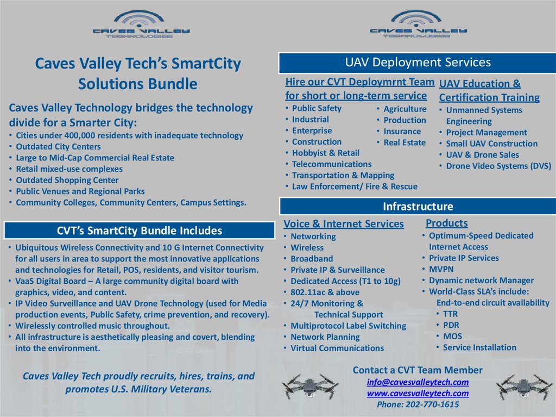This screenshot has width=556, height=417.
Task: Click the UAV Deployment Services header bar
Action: [x=417, y=63]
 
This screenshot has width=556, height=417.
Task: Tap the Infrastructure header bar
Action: [x=418, y=207]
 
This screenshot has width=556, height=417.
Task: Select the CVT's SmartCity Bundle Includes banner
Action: [x=140, y=231]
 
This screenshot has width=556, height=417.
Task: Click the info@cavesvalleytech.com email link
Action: [x=418, y=382]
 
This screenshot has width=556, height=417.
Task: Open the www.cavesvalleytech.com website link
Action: [x=418, y=393]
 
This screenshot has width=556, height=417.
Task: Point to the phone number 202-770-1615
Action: [x=418, y=404]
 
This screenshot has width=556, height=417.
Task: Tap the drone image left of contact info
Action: [x=310, y=387]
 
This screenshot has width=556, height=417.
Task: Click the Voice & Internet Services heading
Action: [x=344, y=224]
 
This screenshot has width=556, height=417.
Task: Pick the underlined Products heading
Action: [x=446, y=223]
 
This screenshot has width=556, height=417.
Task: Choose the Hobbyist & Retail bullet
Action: [x=325, y=153]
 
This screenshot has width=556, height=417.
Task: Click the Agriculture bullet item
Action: [x=405, y=109]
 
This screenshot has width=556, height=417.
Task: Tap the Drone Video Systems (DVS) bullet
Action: [x=498, y=166]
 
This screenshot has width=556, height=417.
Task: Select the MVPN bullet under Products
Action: [x=441, y=269]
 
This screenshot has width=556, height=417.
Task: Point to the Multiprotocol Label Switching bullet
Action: [x=348, y=326]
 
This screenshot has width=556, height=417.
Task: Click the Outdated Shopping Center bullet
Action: [x=67, y=180]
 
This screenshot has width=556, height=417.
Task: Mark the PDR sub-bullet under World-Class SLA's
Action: [x=451, y=325]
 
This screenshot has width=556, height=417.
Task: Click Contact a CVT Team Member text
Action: [x=418, y=370]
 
